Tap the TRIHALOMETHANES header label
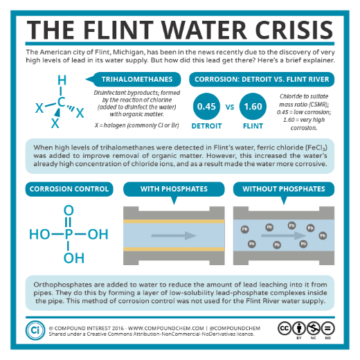tap(137, 79)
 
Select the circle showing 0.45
tap(206, 107)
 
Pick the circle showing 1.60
tap(253, 107)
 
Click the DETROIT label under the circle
tap(206, 126)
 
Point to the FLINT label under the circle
tap(253, 126)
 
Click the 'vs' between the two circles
tap(230, 107)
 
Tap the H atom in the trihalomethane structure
tap(62, 80)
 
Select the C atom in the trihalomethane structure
tap(61, 102)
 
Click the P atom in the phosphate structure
tap(69, 234)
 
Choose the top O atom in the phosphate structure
tap(69, 210)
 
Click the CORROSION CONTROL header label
tap(69, 189)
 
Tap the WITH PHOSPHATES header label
tap(174, 189)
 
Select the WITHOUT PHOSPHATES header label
tap(284, 189)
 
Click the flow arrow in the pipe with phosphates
tap(174, 235)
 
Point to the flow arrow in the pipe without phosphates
tap(284, 235)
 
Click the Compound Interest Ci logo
tap(35, 330)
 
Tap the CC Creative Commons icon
tap(285, 328)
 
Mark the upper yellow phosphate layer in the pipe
tap(174, 222)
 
